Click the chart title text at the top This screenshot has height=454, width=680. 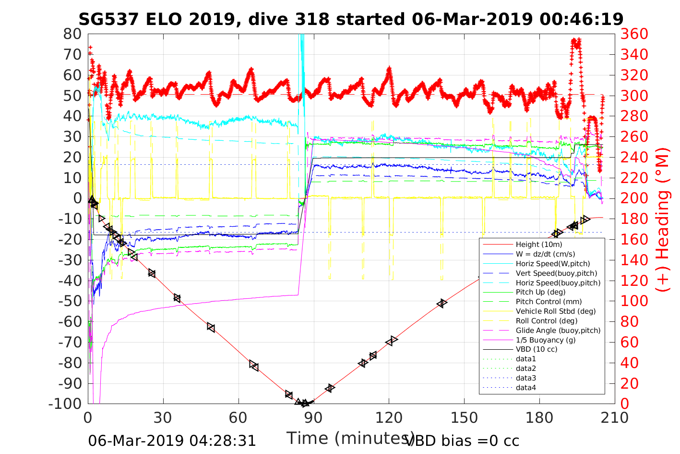point(351,19)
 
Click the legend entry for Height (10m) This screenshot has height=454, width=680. point(538,245)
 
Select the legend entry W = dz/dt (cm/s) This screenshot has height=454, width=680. point(545,254)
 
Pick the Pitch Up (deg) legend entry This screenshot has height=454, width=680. point(540,292)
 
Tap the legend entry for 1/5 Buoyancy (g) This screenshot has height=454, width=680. point(545,340)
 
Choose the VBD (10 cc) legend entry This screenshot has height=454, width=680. point(537,349)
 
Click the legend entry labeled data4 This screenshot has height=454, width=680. point(525,387)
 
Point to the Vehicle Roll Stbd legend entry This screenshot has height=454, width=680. point(556,311)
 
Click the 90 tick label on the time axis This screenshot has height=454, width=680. point(313,417)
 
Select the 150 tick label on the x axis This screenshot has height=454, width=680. point(464,417)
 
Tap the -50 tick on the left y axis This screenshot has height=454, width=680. point(70,301)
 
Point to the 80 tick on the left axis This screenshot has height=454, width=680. point(73,34)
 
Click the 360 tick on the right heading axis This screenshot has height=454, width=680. point(634,34)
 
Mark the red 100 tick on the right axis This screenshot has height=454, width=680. point(634,301)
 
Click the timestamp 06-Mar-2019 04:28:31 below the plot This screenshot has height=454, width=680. point(172,441)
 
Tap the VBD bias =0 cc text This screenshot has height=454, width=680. point(462,441)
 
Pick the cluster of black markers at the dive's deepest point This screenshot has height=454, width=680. point(304,403)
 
